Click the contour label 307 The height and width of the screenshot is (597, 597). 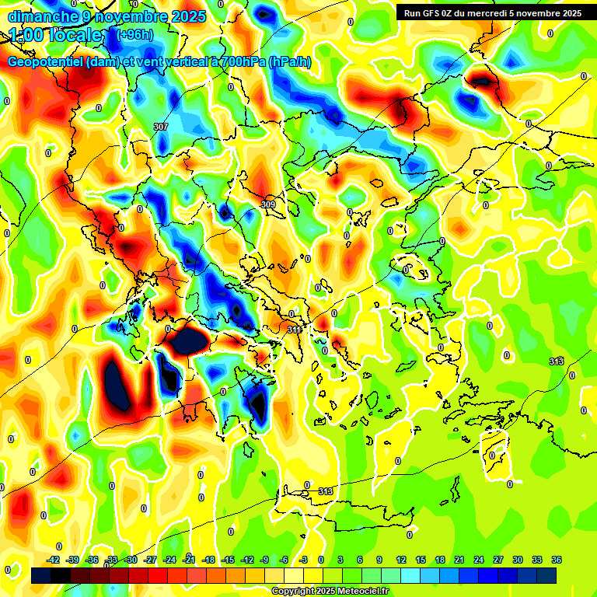tap(161, 127)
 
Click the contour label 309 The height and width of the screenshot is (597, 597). tap(268, 204)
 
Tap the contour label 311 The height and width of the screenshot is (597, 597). tap(295, 330)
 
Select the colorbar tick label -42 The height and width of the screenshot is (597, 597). tap(54, 560)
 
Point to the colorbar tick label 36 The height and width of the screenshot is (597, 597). tap(557, 560)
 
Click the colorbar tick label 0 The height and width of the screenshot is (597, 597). tap(321, 560)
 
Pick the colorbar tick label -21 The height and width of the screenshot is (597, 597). tap(189, 560)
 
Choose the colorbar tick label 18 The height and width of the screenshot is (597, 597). tap(439, 560)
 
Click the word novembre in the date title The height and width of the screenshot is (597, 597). tap(136, 16)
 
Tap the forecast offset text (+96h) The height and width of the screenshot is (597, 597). tap(134, 34)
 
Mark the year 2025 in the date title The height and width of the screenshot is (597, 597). tap(189, 16)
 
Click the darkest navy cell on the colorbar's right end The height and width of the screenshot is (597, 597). tap(546, 575)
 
